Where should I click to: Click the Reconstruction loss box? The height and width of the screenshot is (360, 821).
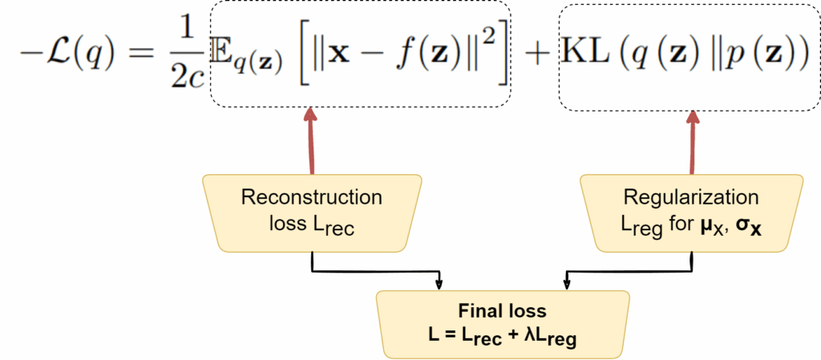click(x=312, y=212)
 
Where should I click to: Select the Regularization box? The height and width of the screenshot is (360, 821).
click(x=691, y=212)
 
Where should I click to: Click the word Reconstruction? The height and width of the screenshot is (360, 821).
click(x=312, y=197)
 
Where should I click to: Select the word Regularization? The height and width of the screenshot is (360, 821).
click(x=691, y=197)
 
